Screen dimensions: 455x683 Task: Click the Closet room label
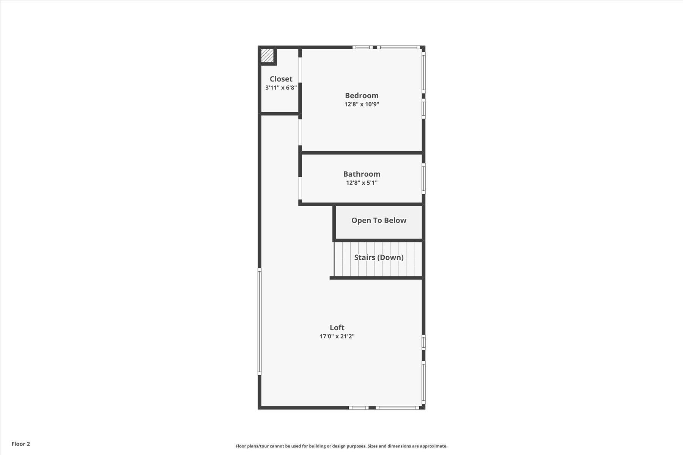[x=281, y=79]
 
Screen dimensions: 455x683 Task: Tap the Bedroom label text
[x=362, y=96]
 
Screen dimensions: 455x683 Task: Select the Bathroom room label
[x=362, y=174]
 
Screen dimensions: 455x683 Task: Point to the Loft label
[x=337, y=328]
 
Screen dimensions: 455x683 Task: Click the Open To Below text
[x=379, y=220]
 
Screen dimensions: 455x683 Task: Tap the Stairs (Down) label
[x=379, y=257]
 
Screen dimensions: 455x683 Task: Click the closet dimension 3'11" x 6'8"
[x=281, y=88]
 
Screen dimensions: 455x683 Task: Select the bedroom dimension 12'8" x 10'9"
[x=362, y=104]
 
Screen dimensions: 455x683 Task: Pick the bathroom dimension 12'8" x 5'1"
[x=362, y=183]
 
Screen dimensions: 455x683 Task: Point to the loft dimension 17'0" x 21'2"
[x=337, y=336]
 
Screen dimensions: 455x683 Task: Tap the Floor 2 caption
[x=20, y=444]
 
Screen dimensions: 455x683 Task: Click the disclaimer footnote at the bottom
[x=341, y=446]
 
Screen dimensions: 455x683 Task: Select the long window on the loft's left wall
[x=260, y=322]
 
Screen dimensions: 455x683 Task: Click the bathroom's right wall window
[x=423, y=178]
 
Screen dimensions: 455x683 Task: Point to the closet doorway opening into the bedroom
[x=300, y=70]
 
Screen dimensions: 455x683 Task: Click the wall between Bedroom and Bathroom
[x=362, y=153]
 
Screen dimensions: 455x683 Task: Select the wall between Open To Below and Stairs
[x=379, y=240]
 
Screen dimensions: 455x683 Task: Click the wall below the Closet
[x=280, y=113]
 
